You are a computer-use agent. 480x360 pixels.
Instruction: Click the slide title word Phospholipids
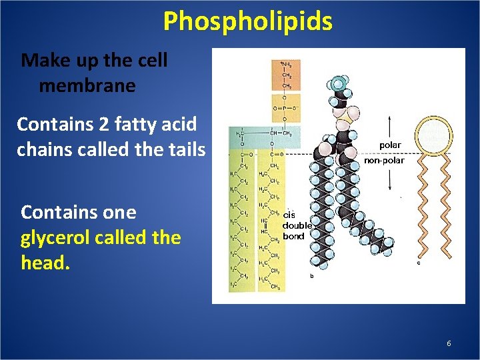(x=247, y=21)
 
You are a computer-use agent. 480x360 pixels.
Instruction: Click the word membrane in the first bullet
(x=87, y=85)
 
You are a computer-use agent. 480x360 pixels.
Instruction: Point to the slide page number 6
(x=449, y=343)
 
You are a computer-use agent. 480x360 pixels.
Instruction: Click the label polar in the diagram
(x=390, y=145)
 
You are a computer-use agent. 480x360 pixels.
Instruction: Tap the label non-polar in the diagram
(x=384, y=161)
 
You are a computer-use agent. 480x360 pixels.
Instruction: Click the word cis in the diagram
(x=289, y=215)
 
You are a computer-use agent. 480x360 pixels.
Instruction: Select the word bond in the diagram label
(x=293, y=236)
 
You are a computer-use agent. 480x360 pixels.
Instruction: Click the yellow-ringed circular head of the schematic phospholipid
(x=432, y=135)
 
